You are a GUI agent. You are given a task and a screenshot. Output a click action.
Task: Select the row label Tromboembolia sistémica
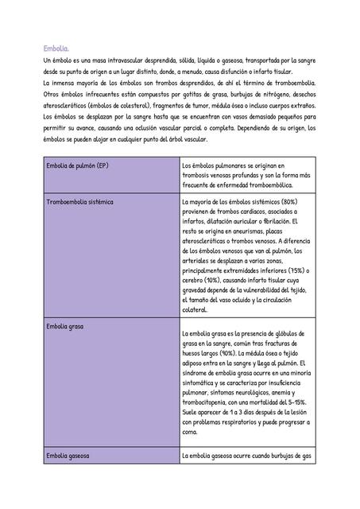click(80, 202)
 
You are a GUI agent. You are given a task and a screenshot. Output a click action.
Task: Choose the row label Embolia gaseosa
click(68, 456)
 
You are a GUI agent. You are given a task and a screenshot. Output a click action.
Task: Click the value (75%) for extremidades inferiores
click(295, 270)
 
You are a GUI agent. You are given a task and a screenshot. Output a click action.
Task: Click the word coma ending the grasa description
click(190, 433)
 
